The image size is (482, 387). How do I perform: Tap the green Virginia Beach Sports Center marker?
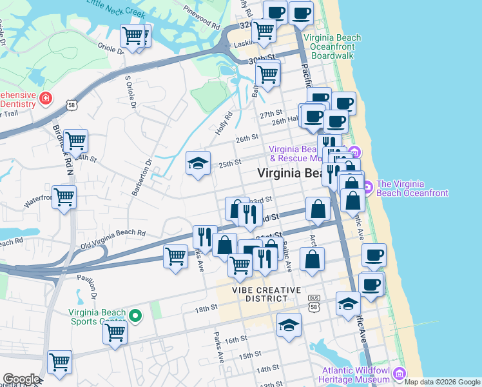click(x=135, y=315)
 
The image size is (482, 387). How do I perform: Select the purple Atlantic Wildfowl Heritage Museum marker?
click(x=399, y=373)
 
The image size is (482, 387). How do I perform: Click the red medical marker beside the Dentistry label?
click(x=46, y=98)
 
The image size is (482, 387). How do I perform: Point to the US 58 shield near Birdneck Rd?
click(x=71, y=104)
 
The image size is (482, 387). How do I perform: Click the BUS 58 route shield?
click(x=314, y=301)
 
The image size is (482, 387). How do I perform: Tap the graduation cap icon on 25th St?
click(x=198, y=163)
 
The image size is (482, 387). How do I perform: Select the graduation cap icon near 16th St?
click(x=289, y=325)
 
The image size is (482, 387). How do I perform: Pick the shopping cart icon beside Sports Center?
click(x=115, y=332)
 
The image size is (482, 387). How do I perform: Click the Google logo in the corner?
click(x=21, y=379)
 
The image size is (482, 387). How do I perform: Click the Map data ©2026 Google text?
click(x=442, y=382)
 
